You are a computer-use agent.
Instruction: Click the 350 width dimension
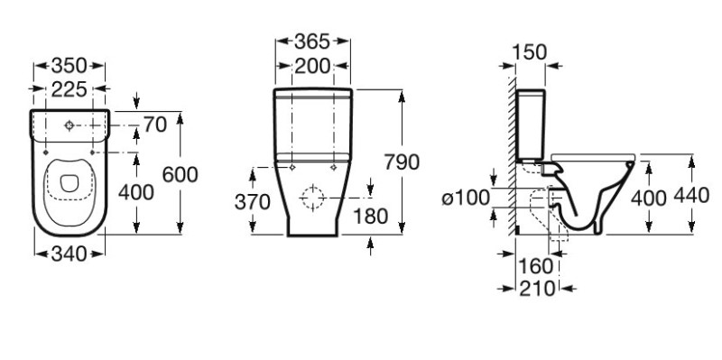tap(69, 66)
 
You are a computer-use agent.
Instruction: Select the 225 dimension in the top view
tap(69, 89)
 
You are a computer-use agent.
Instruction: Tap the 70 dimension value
tap(155, 125)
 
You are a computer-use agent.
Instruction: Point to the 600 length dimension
tap(180, 174)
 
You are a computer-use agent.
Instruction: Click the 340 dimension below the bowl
tap(69, 254)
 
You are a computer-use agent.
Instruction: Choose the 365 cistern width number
tap(312, 42)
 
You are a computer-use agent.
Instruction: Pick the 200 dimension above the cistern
tap(312, 66)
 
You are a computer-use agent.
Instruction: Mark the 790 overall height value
tap(402, 162)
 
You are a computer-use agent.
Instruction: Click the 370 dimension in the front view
tap(253, 202)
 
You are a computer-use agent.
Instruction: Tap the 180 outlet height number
tap(371, 217)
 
